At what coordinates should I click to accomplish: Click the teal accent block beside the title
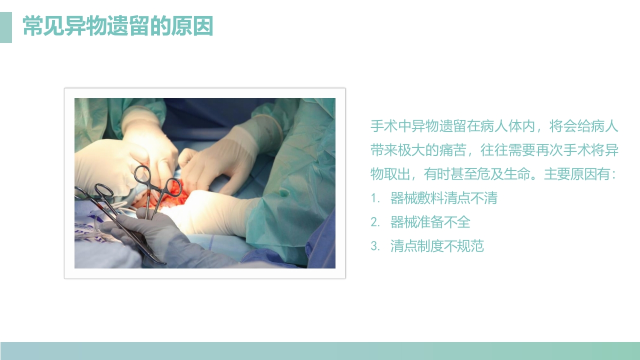coord(5,27)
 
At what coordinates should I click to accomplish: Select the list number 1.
coord(375,198)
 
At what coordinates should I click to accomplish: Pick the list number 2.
coord(375,222)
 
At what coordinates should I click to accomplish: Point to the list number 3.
coord(375,246)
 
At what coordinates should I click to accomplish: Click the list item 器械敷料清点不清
coord(443,198)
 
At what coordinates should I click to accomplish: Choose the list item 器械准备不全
coord(430,222)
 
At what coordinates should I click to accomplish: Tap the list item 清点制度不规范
coord(437,246)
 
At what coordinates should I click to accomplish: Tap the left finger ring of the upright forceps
coord(142,174)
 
